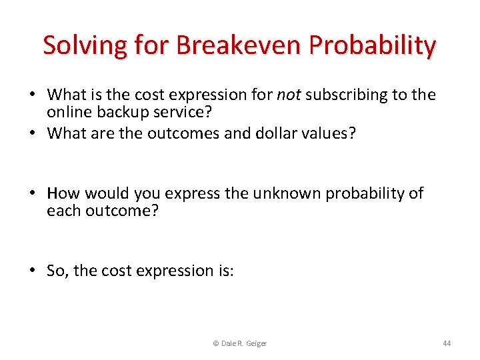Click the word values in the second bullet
[x=331, y=133]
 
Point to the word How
[x=63, y=193]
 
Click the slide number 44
[x=447, y=343]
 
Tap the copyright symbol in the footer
[x=215, y=343]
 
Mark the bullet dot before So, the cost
[x=34, y=270]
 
